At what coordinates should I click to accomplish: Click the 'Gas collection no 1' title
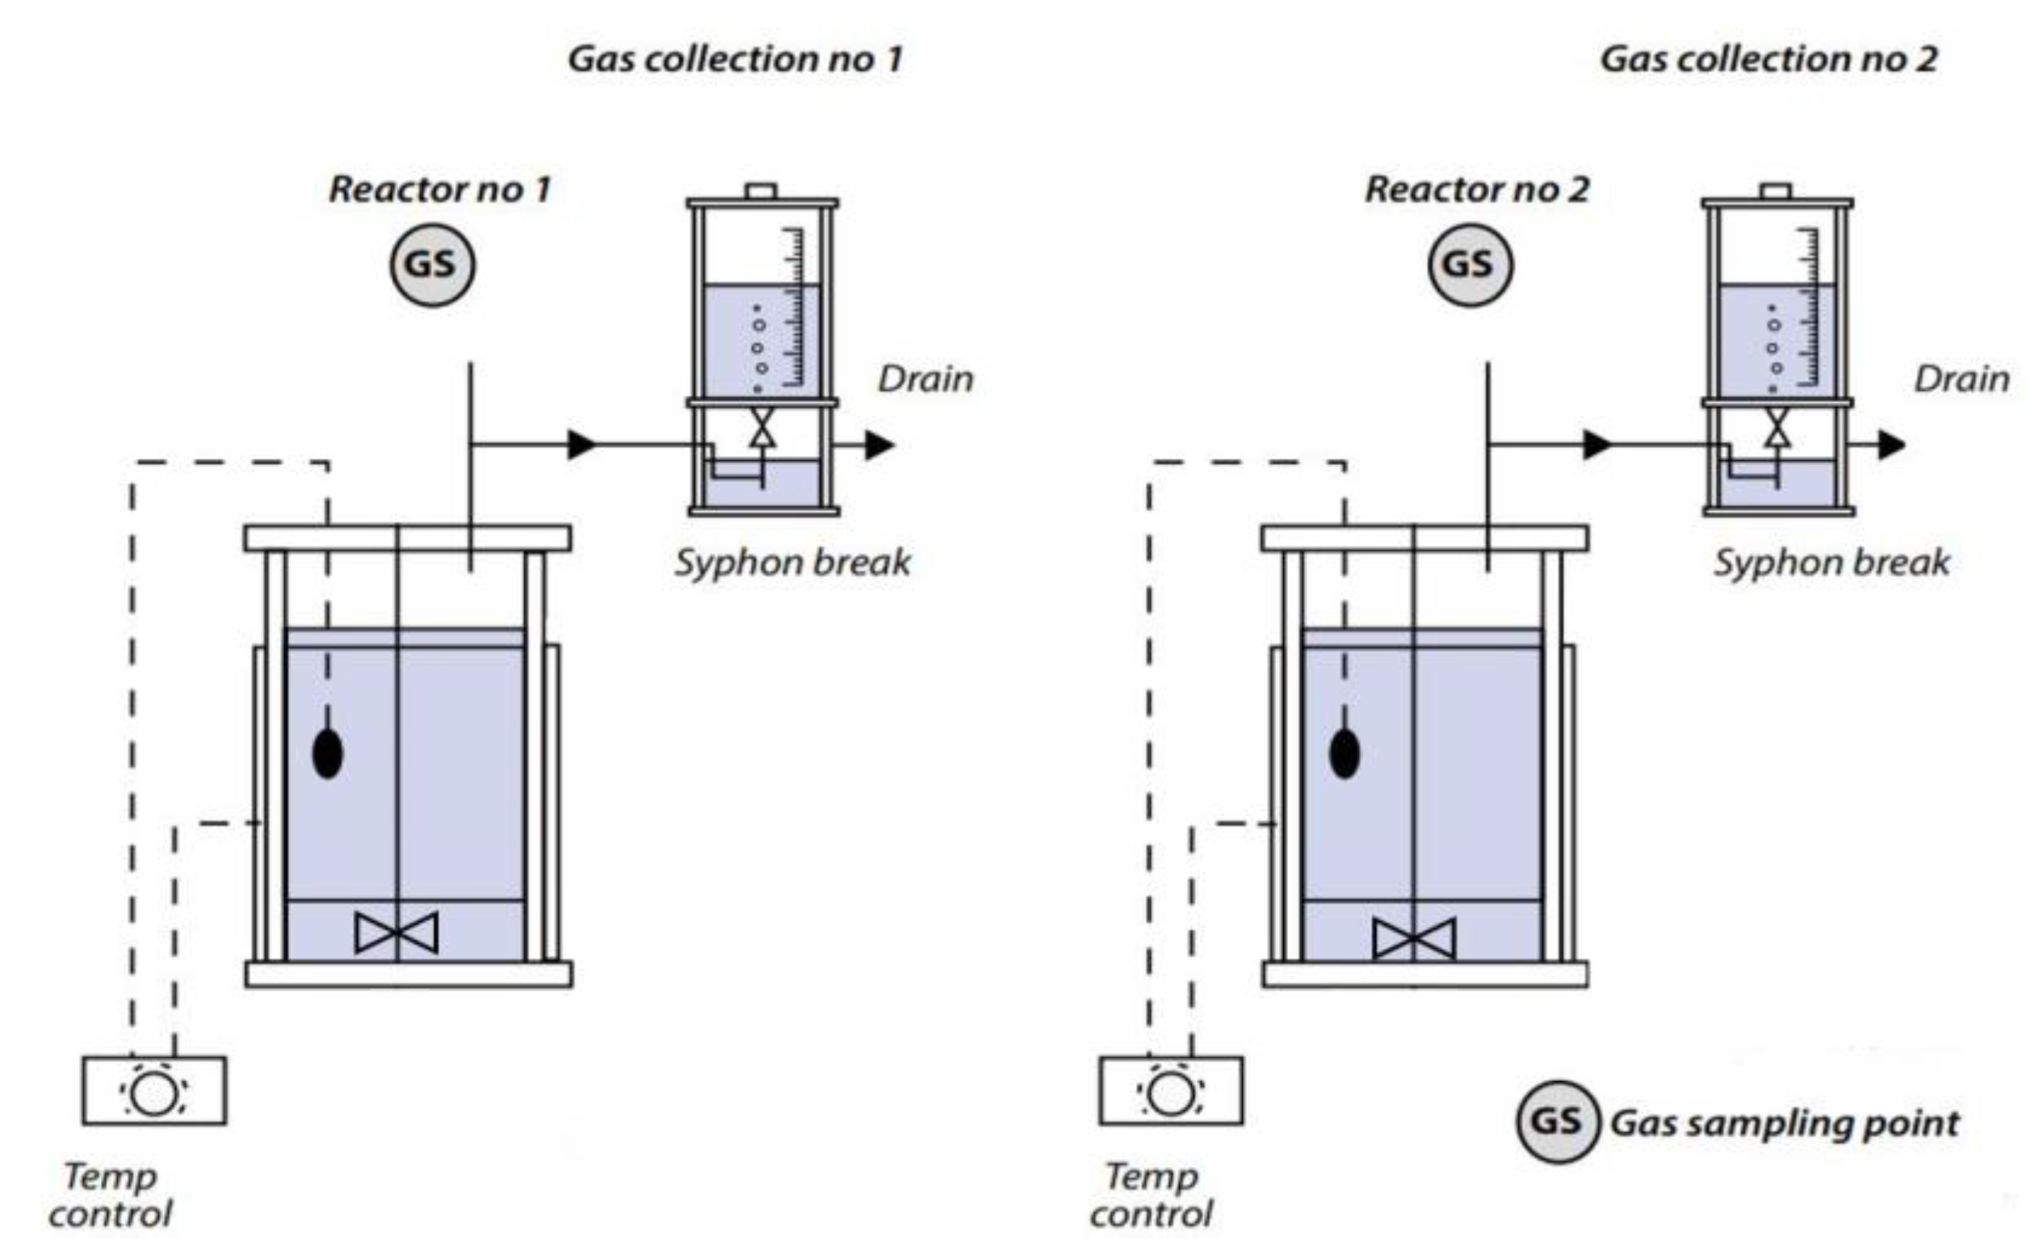point(736,59)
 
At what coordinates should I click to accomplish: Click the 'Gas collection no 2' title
point(1768,59)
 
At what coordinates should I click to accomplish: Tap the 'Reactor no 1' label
point(440,190)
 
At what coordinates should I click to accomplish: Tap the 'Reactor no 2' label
point(1476,190)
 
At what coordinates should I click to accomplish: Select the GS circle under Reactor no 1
point(433,265)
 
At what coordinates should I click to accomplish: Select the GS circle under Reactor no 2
point(1470,265)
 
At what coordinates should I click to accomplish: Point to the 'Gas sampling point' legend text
point(1785,1123)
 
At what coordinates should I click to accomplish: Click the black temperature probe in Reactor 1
point(328,755)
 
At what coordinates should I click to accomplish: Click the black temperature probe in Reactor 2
point(1345,755)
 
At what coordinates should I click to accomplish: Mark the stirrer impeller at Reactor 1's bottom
point(396,933)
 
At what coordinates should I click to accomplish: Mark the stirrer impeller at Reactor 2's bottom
point(1414,938)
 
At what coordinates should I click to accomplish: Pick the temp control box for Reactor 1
point(154,1091)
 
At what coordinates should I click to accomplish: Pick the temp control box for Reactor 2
point(1171,1091)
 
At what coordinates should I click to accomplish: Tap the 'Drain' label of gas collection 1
point(926,379)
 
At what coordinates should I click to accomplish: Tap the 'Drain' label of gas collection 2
point(1961,379)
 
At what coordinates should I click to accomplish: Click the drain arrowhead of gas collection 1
point(879,445)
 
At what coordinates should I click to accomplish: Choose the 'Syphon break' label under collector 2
point(1831,563)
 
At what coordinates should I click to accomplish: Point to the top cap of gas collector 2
point(1776,191)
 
